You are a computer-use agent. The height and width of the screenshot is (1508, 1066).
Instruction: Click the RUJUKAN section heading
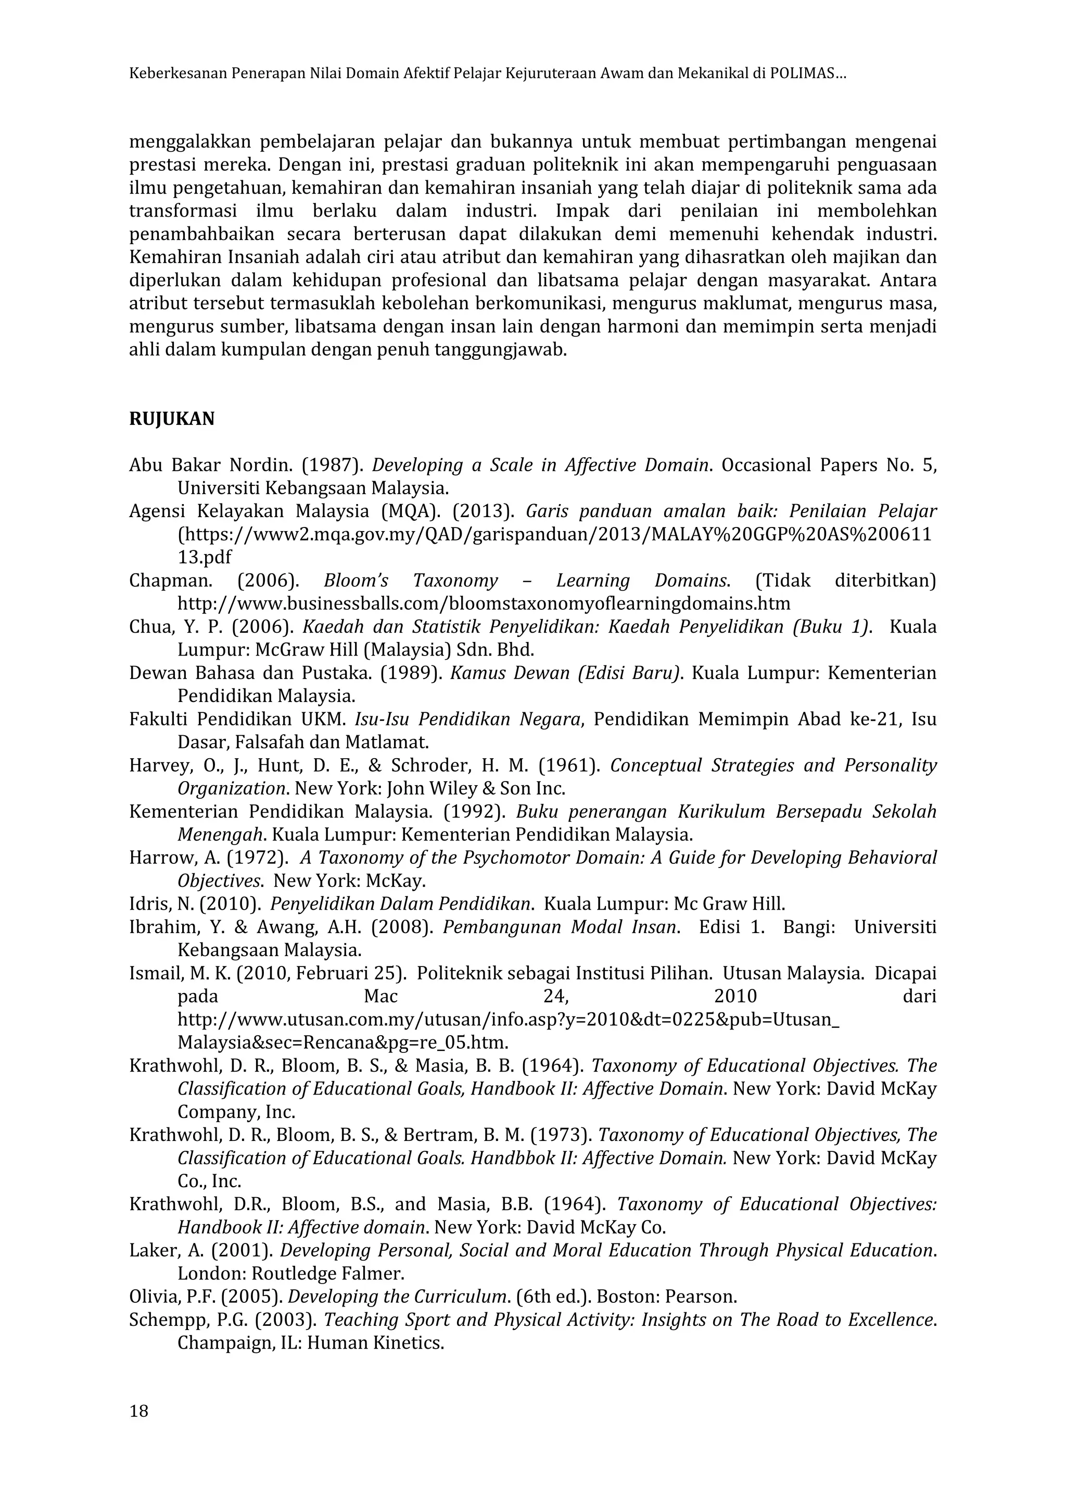(171, 419)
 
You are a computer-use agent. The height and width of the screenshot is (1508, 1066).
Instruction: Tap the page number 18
(138, 1410)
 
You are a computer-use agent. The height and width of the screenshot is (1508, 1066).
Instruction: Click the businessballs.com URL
(484, 604)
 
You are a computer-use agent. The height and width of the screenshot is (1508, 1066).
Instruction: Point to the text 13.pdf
(204, 558)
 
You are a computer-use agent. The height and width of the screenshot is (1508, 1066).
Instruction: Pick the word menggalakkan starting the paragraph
(189, 142)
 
